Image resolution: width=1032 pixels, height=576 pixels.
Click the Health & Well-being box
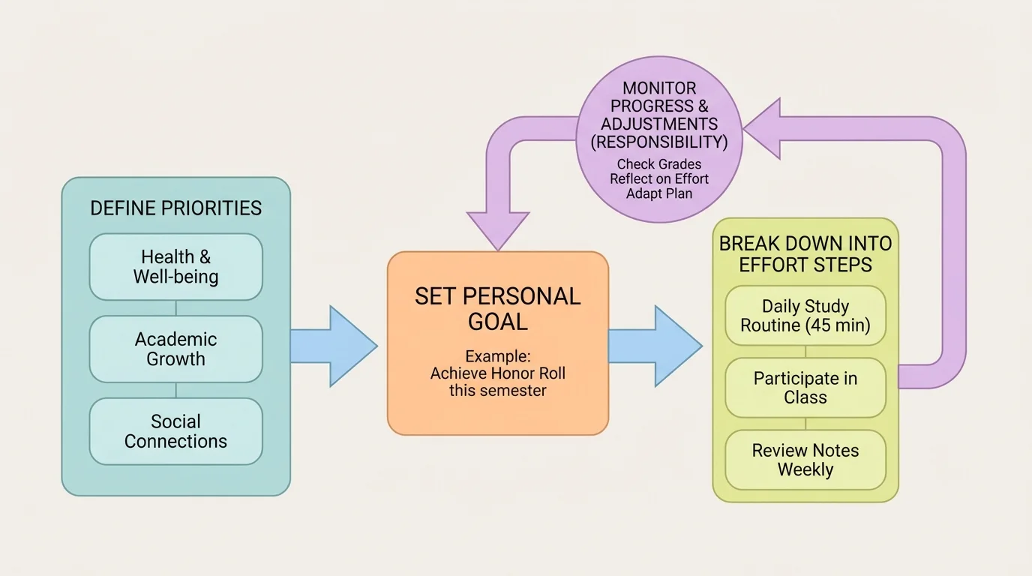(x=175, y=267)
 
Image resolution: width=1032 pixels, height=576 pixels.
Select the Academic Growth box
(x=175, y=349)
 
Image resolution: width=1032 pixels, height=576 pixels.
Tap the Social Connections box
(x=175, y=431)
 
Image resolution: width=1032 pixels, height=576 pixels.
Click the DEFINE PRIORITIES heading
(x=175, y=208)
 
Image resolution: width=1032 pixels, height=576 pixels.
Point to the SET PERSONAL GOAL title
(x=497, y=308)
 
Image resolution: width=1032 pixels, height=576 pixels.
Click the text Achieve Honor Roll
(x=497, y=373)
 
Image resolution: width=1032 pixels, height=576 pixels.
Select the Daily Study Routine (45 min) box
(x=805, y=316)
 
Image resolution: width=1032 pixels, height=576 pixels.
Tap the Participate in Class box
(x=805, y=388)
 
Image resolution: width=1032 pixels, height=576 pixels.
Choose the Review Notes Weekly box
(x=805, y=460)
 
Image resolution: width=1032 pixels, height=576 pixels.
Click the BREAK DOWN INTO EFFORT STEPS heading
(x=805, y=254)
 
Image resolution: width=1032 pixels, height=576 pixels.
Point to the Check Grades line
(x=658, y=164)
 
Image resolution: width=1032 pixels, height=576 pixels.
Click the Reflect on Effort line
(x=658, y=178)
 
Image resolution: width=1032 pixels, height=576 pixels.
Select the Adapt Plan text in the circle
(x=658, y=193)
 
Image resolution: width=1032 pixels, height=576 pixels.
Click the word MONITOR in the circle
(x=659, y=88)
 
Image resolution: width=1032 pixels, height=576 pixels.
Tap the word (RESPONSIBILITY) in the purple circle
(x=659, y=142)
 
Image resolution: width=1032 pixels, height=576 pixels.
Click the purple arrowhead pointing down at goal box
(x=497, y=229)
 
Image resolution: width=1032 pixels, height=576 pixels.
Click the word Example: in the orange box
(x=497, y=355)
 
